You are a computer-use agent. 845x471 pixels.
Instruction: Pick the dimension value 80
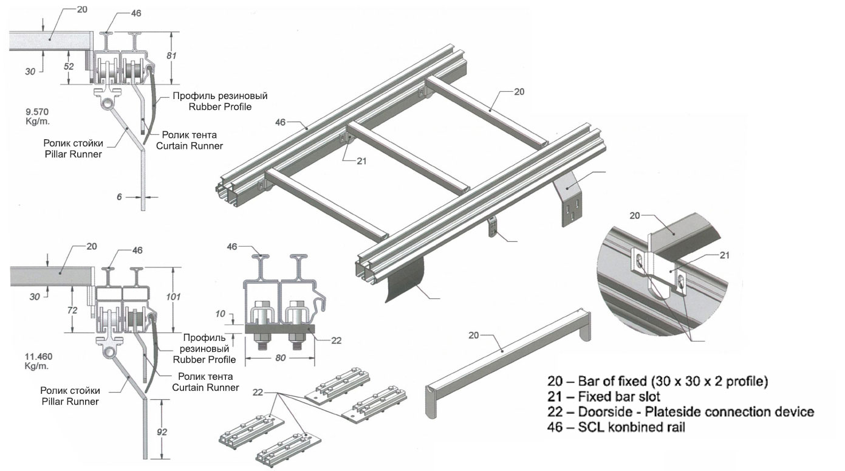click(x=280, y=359)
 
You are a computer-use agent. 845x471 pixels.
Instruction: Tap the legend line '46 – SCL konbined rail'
click(x=616, y=427)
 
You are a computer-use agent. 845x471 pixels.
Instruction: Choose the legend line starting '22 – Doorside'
click(x=680, y=412)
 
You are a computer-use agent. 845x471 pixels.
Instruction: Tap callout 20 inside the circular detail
click(x=635, y=215)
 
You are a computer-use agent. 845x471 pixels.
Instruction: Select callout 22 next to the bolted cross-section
click(x=335, y=341)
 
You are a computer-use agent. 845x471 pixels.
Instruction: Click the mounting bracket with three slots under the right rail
click(x=569, y=201)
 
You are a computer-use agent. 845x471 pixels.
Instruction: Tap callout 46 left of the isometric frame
click(x=281, y=122)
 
